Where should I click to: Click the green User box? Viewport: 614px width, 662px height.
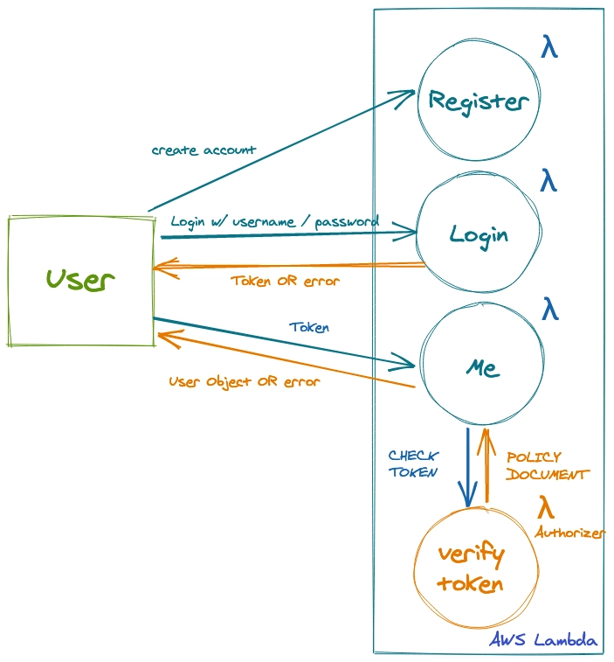coord(80,281)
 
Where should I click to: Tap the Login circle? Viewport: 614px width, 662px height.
coord(479,234)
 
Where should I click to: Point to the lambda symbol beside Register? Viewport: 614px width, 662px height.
coord(548,47)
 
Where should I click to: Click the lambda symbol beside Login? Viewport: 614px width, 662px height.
coord(548,181)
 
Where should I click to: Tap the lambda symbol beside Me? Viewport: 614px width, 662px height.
coord(549,309)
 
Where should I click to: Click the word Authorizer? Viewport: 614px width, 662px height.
coord(569,532)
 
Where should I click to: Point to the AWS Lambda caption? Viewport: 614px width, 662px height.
coord(543,641)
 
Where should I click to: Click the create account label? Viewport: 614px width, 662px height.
coord(204,150)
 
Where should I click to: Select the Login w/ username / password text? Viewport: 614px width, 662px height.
coord(274,221)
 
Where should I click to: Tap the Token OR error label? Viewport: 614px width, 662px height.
coord(285,282)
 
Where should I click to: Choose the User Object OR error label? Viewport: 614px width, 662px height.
coord(244,381)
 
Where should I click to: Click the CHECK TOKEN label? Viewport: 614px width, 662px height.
coord(413,463)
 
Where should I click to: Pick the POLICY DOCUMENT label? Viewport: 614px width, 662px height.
coord(547,465)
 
